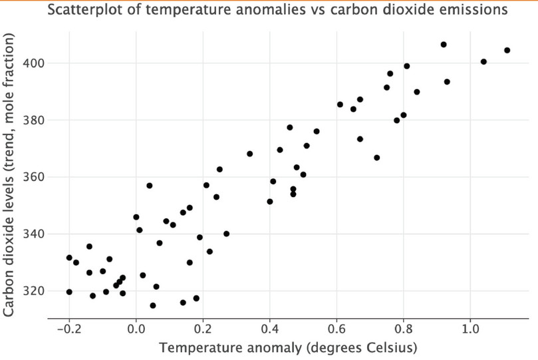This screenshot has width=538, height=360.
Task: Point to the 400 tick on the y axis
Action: click(36, 63)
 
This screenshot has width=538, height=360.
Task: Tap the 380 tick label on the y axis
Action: click(36, 120)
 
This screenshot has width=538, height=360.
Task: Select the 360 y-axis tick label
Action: click(36, 177)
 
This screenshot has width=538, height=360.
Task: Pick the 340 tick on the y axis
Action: click(36, 234)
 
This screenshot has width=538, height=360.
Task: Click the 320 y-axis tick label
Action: click(36, 291)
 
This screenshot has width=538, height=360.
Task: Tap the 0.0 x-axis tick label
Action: click(136, 329)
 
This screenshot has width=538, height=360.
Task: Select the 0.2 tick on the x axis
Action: click(203, 329)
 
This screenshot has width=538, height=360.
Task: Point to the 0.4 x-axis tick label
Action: click(269, 329)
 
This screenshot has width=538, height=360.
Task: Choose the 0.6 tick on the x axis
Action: click(336, 329)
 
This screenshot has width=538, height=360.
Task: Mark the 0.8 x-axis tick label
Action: click(403, 329)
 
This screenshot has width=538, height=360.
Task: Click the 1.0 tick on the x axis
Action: click(470, 329)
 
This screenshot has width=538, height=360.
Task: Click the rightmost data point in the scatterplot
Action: click(507, 50)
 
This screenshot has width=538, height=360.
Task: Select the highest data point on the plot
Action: click(444, 45)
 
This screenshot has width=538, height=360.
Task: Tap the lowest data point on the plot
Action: click(153, 305)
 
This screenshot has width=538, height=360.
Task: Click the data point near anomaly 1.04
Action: click(483, 62)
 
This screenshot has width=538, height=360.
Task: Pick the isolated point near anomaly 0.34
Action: click(249, 154)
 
